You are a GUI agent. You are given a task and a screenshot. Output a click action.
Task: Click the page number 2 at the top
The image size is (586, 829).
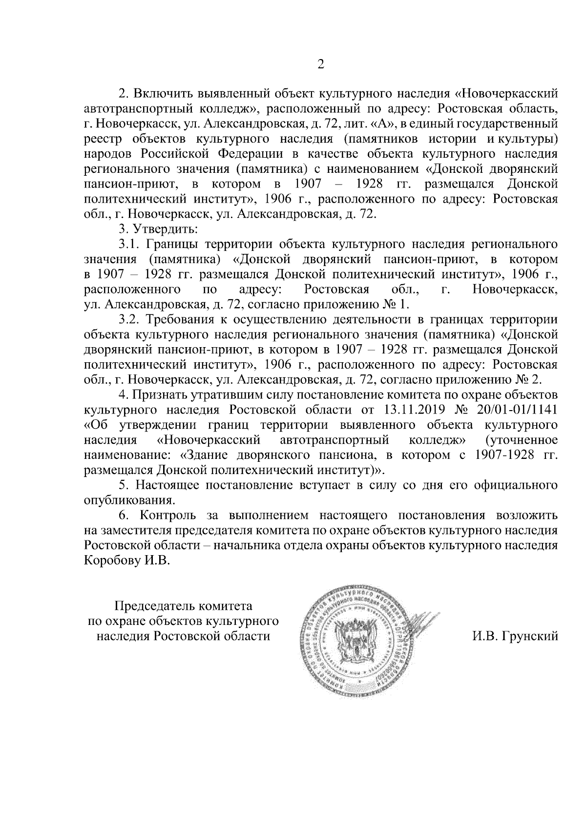[x=321, y=64]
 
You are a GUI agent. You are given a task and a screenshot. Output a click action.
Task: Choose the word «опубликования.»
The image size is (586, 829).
[x=129, y=500]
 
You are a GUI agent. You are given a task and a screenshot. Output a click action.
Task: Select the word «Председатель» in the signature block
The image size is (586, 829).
[x=155, y=607]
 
